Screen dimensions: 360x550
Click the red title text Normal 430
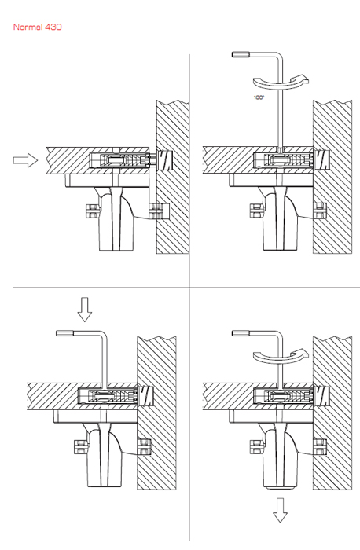coord(38,27)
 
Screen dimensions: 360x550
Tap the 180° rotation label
coord(259,97)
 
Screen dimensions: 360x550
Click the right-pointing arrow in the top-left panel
coord(25,160)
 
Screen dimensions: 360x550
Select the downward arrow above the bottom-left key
coord(85,310)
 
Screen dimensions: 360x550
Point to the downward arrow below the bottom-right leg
coord(280,511)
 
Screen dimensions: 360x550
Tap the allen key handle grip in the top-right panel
coord(241,54)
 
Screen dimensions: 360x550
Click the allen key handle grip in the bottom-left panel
coord(65,333)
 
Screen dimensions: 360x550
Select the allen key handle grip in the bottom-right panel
coord(241,333)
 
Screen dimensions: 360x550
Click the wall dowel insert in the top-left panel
coord(166,160)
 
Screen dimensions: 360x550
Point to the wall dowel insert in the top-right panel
coord(322,159)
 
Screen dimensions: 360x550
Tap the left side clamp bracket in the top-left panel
coord(92,211)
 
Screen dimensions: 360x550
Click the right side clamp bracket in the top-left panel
coord(159,211)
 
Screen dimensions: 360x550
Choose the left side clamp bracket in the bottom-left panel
coord(81,446)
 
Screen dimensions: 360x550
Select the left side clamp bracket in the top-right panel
coord(256,211)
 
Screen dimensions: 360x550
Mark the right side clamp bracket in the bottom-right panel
coord(320,446)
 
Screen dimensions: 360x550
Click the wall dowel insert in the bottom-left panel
coord(146,396)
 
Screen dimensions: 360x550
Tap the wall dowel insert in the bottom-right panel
coord(322,396)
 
